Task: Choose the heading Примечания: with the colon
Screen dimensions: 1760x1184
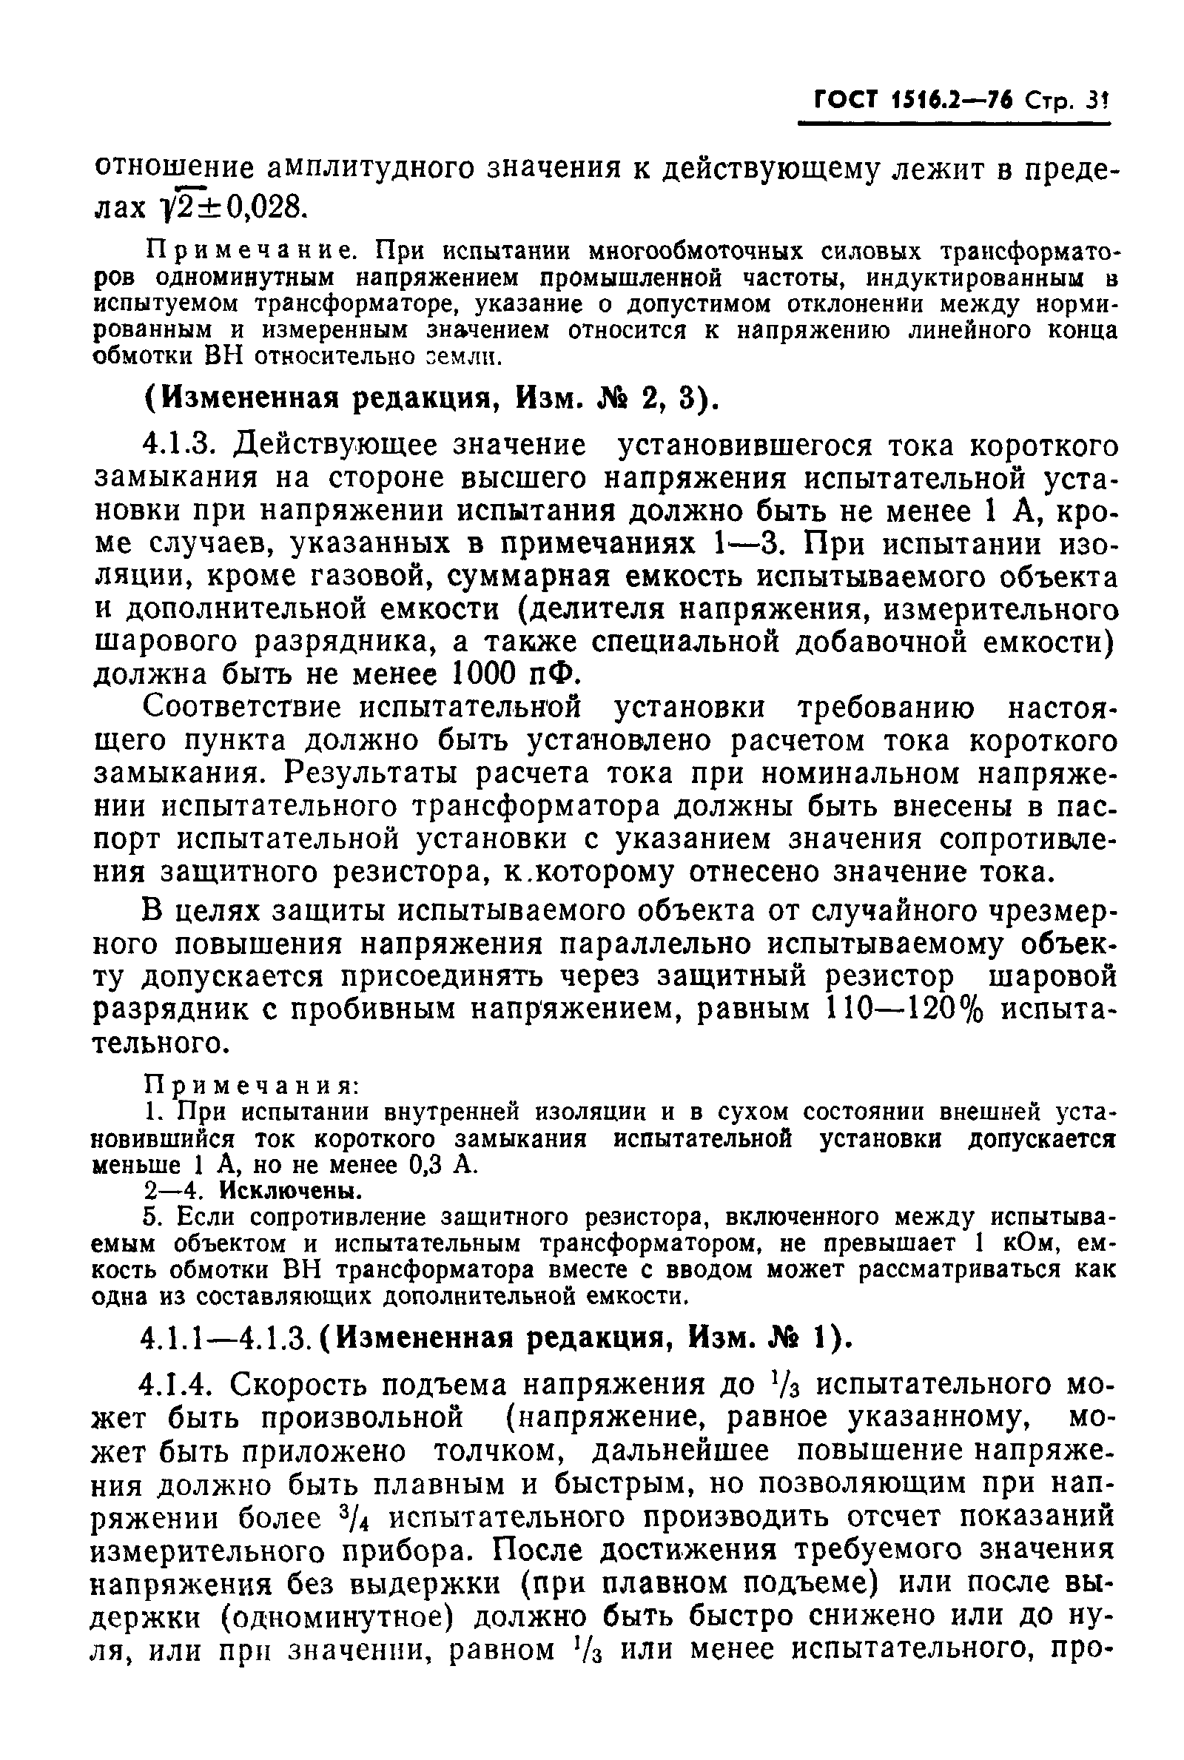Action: [251, 1086]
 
